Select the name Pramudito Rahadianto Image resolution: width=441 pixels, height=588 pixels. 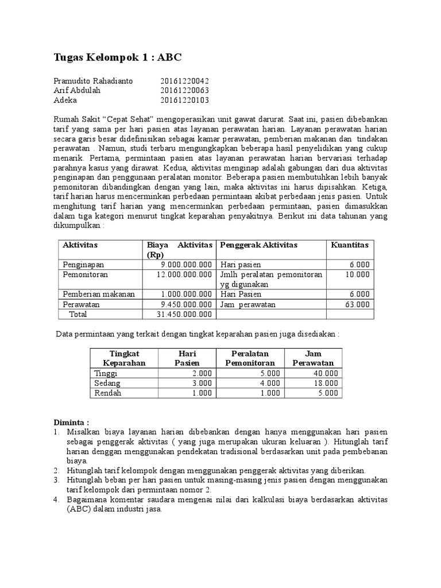[92, 81]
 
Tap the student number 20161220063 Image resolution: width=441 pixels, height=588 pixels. [184, 91]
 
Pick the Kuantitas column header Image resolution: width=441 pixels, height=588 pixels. [350, 245]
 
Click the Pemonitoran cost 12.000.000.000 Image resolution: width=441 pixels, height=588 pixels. [184, 274]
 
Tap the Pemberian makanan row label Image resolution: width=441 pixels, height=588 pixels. [99, 294]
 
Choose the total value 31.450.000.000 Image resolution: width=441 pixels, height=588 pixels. [184, 314]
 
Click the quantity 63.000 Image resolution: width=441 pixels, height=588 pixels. [357, 304]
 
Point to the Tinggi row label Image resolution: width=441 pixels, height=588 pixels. [105, 373]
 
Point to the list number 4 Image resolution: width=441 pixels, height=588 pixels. [56, 500]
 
